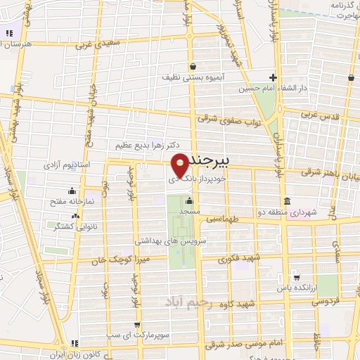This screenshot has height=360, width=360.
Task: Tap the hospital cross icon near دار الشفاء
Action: [x=274, y=78]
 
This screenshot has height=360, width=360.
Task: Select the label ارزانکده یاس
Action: [x=293, y=287]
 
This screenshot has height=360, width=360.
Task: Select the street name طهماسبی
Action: [x=224, y=219]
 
